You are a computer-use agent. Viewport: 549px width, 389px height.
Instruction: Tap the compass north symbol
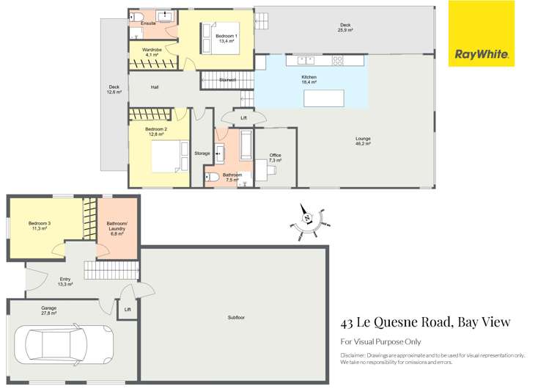point(309,217)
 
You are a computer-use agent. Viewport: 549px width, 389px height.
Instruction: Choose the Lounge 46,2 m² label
point(362,142)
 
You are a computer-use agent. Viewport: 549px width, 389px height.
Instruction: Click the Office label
point(275,158)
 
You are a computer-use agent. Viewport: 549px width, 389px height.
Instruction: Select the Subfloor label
point(235,317)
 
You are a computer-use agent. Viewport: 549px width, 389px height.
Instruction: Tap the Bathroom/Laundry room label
point(117,228)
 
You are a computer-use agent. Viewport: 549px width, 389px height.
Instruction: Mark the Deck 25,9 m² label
point(345,28)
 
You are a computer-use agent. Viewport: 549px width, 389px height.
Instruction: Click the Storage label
point(202,153)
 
